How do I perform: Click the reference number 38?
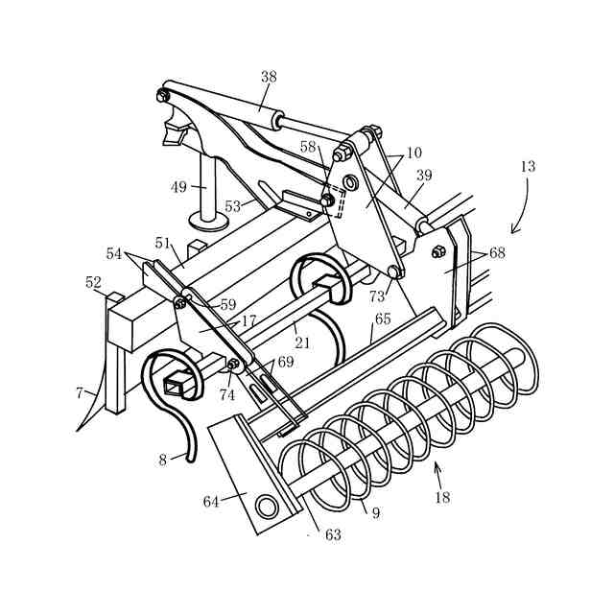[x=269, y=77]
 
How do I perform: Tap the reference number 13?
[x=528, y=166]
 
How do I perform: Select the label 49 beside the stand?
[x=179, y=187]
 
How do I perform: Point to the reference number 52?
[x=93, y=282]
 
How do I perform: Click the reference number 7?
[x=80, y=391]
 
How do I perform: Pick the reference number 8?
[x=163, y=460]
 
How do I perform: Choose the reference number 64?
[x=211, y=501]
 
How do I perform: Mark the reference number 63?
[x=333, y=534]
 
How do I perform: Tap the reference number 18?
[x=441, y=497]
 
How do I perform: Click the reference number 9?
[x=375, y=512]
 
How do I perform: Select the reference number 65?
[x=383, y=319]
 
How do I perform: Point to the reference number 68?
[x=497, y=253]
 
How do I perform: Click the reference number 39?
[x=424, y=176]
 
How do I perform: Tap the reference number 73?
[x=377, y=296]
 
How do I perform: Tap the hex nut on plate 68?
[x=438, y=251]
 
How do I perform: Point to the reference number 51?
[x=162, y=243]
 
